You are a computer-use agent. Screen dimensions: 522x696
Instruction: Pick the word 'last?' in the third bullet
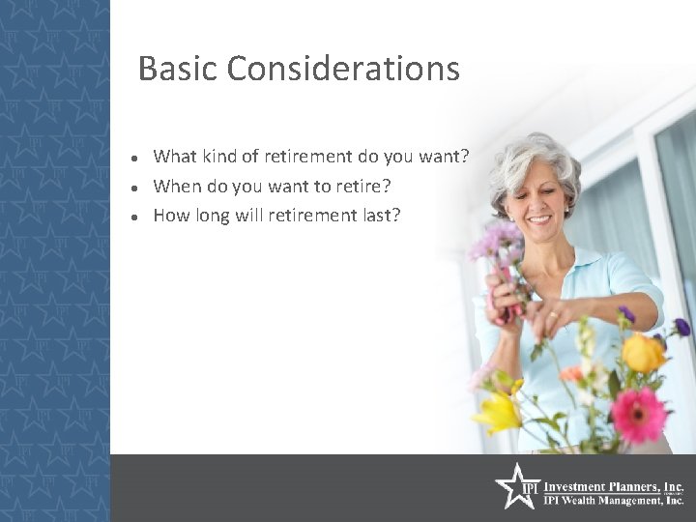pyautogui.click(x=378, y=216)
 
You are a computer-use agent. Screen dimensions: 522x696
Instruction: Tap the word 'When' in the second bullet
pyautogui.click(x=177, y=186)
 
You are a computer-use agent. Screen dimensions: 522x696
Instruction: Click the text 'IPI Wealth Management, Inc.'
pyautogui.click(x=614, y=501)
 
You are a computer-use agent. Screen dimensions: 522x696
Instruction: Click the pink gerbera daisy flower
pyautogui.click(x=639, y=415)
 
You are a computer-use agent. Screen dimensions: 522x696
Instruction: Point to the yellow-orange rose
pyautogui.click(x=643, y=352)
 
